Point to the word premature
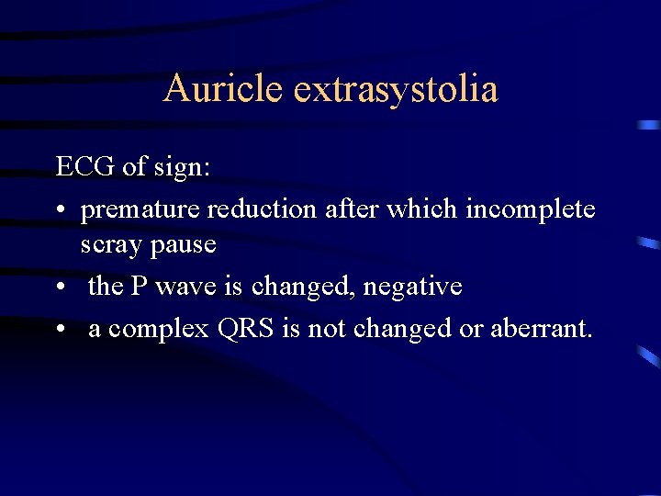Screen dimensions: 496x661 pyautogui.click(x=140, y=209)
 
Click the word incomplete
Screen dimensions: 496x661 pyautogui.click(x=531, y=209)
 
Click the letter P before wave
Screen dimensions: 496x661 pyautogui.click(x=139, y=287)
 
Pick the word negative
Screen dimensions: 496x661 pyautogui.click(x=412, y=287)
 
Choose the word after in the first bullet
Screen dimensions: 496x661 pyautogui.click(x=353, y=209)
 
